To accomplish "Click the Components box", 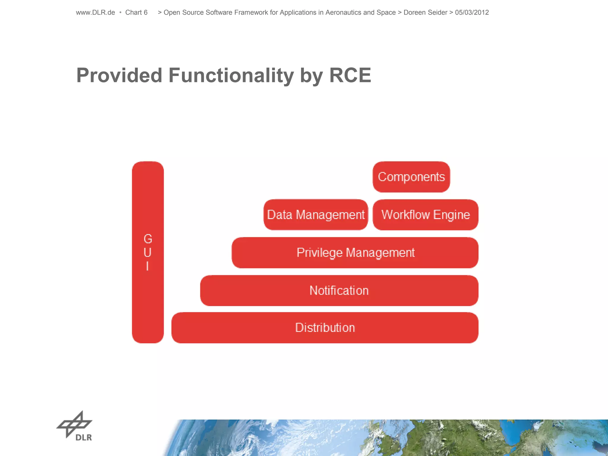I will (x=411, y=177).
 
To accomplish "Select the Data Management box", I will (x=316, y=215).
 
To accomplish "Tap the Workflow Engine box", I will (x=425, y=215).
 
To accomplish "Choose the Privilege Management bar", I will (x=355, y=253).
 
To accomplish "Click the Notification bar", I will (x=339, y=291).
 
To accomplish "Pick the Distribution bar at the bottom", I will (x=325, y=328).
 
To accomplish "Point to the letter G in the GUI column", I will (x=148, y=239).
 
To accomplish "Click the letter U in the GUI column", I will (x=148, y=253).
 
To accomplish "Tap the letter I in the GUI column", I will (x=148, y=266).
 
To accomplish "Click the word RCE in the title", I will (x=350, y=75).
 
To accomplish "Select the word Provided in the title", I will (x=119, y=75).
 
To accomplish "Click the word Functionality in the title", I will (x=231, y=75).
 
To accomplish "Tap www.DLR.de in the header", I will (x=95, y=12).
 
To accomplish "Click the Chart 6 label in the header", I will (x=136, y=12).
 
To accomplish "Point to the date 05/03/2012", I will (x=472, y=12).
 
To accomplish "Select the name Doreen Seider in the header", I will (x=425, y=12).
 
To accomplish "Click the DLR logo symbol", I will (x=75, y=425).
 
